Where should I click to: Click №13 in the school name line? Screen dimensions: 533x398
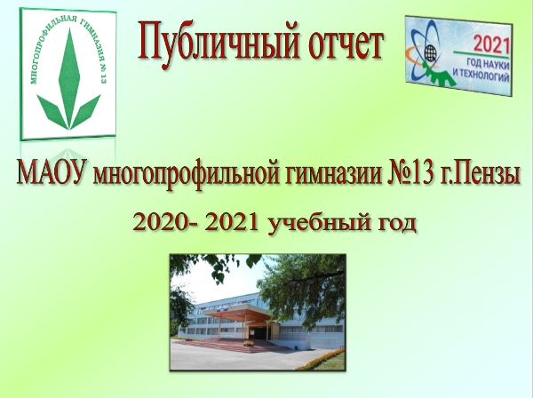pyautogui.click(x=410, y=172)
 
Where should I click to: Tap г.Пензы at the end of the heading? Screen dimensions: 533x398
pyautogui.click(x=481, y=174)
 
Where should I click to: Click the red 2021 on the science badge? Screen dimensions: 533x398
pyautogui.click(x=491, y=45)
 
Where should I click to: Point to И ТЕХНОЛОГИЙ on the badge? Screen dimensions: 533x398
pyautogui.click(x=481, y=76)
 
